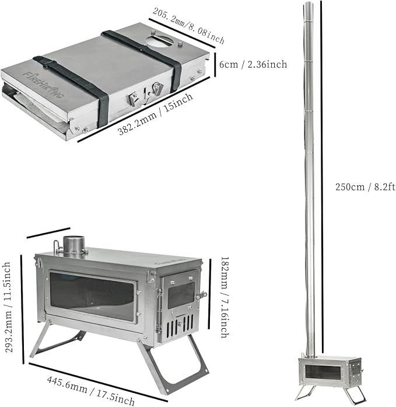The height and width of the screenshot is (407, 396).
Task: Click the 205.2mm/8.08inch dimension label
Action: pos(188,26)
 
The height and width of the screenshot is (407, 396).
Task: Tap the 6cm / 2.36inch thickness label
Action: pos(253,64)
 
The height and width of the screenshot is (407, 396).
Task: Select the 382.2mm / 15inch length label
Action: pos(156,114)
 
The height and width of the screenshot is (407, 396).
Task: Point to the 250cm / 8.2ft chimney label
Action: pos(365,187)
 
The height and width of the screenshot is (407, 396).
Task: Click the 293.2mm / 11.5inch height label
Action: pos(9,307)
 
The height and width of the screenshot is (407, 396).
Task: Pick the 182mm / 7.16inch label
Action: pos(225,297)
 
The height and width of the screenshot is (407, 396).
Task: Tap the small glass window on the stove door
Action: pos(181,295)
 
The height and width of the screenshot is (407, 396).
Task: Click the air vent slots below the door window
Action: pos(180,325)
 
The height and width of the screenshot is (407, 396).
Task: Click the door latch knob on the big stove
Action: pos(202,295)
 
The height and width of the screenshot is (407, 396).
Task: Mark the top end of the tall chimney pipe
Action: pos(307,2)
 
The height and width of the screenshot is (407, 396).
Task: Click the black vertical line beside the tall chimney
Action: pos(322,176)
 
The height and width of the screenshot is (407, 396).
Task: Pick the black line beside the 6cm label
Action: pos(215,64)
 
